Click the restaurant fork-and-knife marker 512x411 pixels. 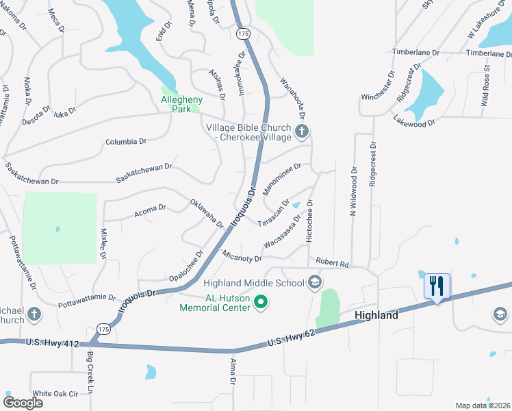point(437,286)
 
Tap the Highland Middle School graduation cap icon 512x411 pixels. point(314,282)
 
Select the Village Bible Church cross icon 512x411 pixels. point(302,130)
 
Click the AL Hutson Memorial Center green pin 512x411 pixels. point(260,301)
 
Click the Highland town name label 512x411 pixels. point(376,316)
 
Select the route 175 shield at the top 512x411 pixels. point(243,33)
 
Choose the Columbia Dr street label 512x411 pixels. point(126,142)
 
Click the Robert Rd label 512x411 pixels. point(332,262)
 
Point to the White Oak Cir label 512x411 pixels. point(55,394)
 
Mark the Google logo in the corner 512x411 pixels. point(23,403)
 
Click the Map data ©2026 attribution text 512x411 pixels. point(483,406)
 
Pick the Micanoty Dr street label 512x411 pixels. point(242,256)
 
